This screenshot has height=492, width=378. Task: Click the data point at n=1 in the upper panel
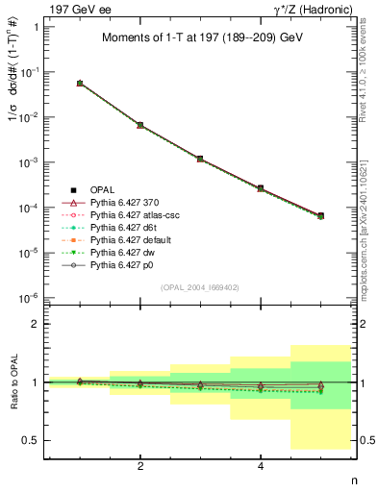80,84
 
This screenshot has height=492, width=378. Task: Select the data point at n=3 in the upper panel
200,159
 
